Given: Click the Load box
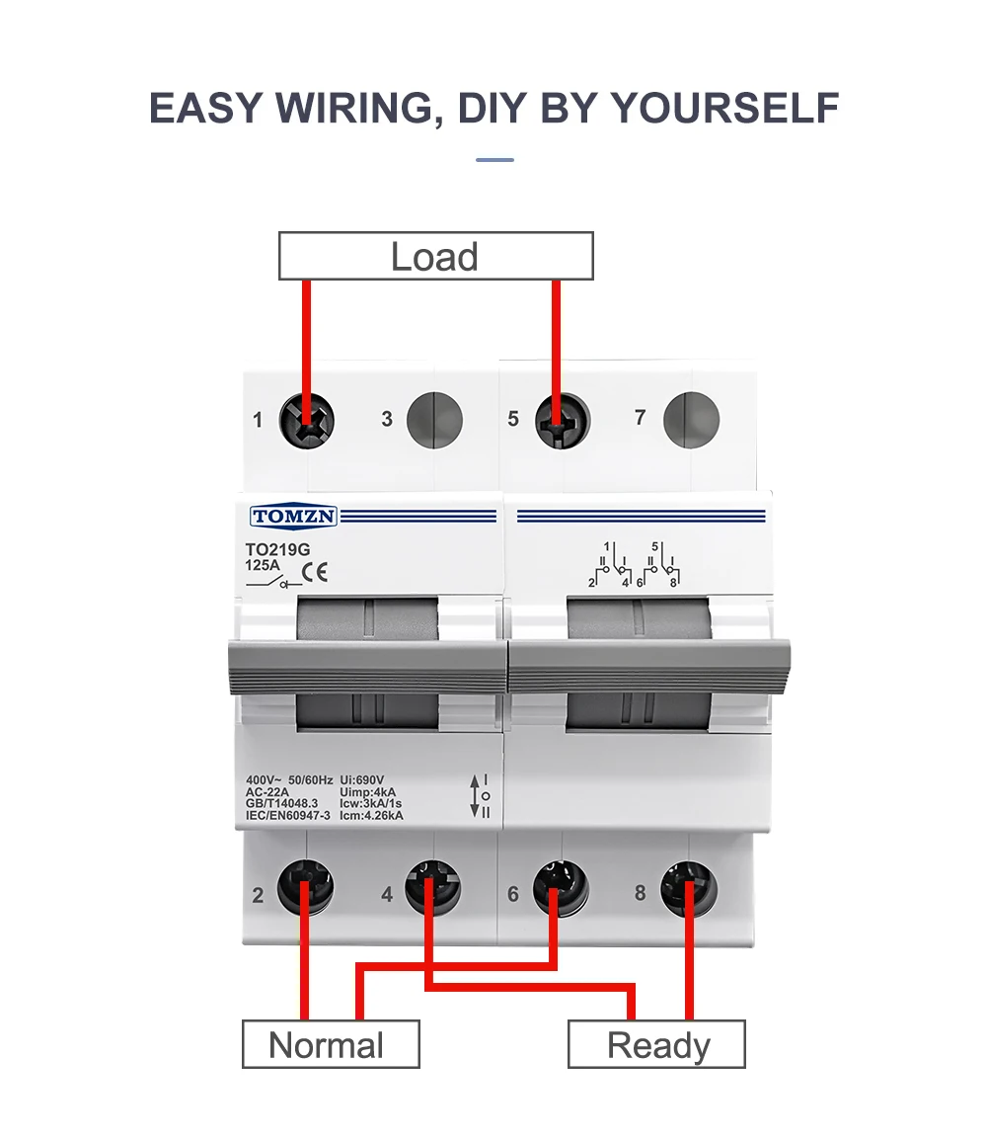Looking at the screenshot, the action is (x=435, y=256).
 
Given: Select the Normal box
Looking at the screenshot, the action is (x=331, y=1044).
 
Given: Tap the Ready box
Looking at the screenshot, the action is (x=656, y=1044).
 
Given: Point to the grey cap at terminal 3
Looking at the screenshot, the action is (x=434, y=419).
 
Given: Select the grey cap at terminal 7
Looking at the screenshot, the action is (x=691, y=419).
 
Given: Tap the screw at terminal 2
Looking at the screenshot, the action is (x=305, y=886).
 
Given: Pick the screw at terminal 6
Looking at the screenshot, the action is (x=561, y=886).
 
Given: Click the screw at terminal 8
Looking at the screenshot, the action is (x=689, y=886).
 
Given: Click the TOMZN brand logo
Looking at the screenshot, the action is (x=294, y=517).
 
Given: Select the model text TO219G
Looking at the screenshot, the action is (x=271, y=549).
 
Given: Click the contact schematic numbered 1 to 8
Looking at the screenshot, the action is (x=639, y=565).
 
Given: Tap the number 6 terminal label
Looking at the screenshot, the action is (x=513, y=894).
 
